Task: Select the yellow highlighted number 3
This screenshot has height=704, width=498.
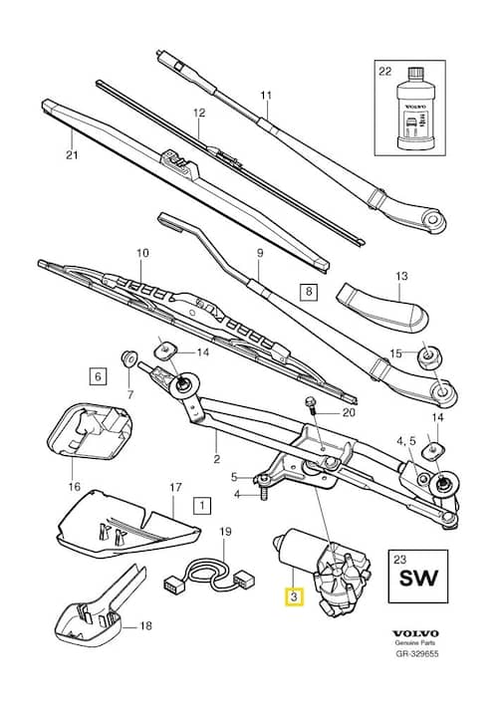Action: point(292,598)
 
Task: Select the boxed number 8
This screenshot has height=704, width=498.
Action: point(308,292)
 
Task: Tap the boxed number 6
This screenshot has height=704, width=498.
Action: point(97,376)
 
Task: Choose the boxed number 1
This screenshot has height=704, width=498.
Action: point(202,505)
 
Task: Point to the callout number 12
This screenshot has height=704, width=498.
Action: point(198,113)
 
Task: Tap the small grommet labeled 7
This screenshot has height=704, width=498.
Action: point(127,357)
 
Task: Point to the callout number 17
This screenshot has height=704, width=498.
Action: point(175,488)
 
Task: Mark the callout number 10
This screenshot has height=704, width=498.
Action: point(141,253)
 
